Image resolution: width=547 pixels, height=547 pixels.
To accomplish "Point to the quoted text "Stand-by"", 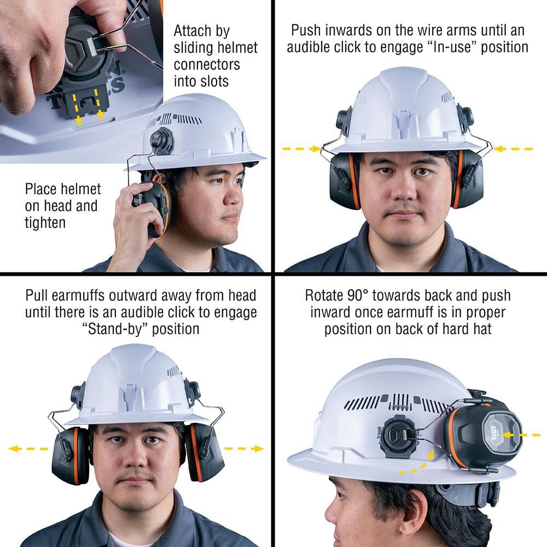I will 112,329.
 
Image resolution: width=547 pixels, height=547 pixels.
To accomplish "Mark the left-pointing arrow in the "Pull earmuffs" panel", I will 27,449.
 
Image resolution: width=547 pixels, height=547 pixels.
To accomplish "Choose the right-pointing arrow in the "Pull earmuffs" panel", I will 244,449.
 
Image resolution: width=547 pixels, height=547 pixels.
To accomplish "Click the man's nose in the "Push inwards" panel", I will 404,189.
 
